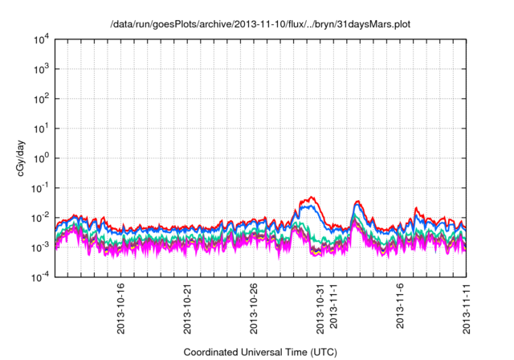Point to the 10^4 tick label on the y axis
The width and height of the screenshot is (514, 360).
[41, 39]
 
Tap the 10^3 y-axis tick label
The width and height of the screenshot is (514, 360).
[41, 69]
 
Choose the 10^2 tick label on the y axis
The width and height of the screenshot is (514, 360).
[41, 99]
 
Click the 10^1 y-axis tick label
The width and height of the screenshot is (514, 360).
[41, 128]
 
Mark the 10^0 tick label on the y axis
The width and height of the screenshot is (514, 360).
[41, 157]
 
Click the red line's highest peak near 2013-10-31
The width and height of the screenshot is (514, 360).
[312, 197]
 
